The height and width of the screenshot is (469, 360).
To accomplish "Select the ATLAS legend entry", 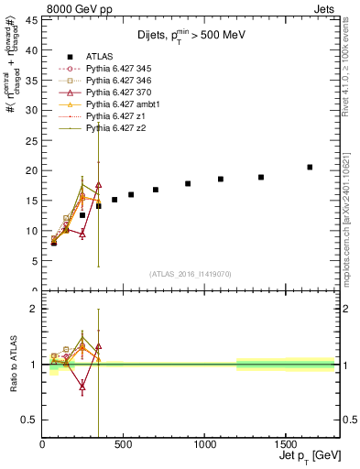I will (x=101, y=56).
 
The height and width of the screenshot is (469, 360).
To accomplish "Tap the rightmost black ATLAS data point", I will (x=310, y=167).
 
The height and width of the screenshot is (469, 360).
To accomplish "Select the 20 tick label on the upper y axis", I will (x=33, y=170).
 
